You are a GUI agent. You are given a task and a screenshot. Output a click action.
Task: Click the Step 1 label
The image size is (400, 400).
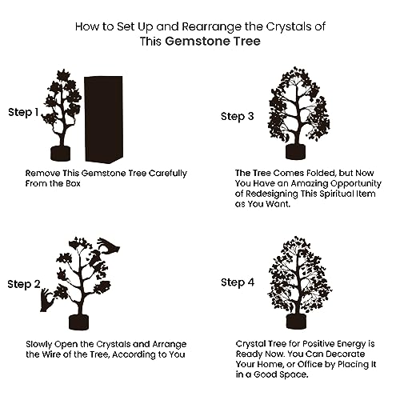(x=23, y=113)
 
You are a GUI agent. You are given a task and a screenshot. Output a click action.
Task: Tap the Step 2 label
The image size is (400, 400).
(x=24, y=285)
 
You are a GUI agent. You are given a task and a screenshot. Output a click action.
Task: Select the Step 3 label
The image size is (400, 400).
(x=238, y=117)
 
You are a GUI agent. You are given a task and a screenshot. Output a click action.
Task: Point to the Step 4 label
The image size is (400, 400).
(x=238, y=282)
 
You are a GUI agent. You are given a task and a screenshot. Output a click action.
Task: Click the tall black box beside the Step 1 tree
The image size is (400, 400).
(x=104, y=119)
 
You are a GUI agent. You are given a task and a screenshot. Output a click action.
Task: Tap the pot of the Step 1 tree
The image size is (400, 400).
(x=61, y=154)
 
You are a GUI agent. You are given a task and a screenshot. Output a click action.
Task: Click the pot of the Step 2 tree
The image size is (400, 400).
(x=78, y=322)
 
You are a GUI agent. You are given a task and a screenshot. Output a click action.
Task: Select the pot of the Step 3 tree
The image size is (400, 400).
(x=295, y=152)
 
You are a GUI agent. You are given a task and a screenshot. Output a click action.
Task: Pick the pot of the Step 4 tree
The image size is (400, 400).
(x=296, y=322)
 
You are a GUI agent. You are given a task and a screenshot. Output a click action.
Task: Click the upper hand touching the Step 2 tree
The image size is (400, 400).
(x=109, y=246)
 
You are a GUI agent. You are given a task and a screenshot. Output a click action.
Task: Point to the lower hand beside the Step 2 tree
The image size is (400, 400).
(x=46, y=301)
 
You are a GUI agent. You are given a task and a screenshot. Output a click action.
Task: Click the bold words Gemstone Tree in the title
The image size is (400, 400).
(x=213, y=42)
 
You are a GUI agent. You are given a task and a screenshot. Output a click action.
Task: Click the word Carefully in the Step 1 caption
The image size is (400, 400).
(x=168, y=174)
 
